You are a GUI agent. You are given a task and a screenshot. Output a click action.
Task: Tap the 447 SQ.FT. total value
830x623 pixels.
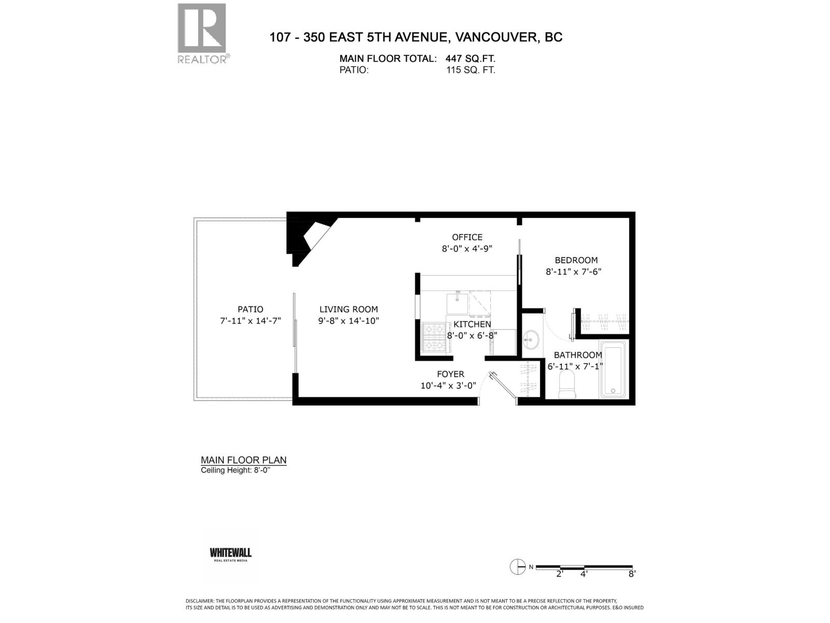(470, 59)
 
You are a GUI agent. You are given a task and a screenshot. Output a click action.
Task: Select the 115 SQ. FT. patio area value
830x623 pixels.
(471, 70)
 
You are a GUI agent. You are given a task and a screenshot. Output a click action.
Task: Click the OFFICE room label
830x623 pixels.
(467, 237)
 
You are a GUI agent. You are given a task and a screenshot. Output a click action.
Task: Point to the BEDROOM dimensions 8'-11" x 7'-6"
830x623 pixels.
(573, 272)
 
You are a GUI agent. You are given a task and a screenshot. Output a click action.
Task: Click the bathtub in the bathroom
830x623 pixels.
(613, 369)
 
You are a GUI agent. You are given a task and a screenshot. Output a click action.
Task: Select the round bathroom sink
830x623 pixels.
(531, 341)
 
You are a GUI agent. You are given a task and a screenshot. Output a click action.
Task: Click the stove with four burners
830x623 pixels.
(435, 337)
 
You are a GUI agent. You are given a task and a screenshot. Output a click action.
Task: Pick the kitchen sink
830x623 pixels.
(457, 302)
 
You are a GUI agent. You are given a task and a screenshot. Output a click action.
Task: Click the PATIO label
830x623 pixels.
(251, 309)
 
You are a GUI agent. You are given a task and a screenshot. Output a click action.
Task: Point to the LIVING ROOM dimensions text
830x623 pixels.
(349, 321)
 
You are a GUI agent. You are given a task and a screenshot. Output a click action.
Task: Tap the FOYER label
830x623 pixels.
(450, 374)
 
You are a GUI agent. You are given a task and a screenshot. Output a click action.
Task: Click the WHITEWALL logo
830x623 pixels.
(230, 554)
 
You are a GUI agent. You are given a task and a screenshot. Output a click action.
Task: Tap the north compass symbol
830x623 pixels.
(518, 567)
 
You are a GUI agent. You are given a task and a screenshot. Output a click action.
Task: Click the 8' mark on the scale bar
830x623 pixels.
(631, 574)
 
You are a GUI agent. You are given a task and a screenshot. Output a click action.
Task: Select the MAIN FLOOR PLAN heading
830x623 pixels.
(243, 460)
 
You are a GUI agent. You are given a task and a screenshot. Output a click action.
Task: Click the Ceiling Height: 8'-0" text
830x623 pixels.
(236, 470)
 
